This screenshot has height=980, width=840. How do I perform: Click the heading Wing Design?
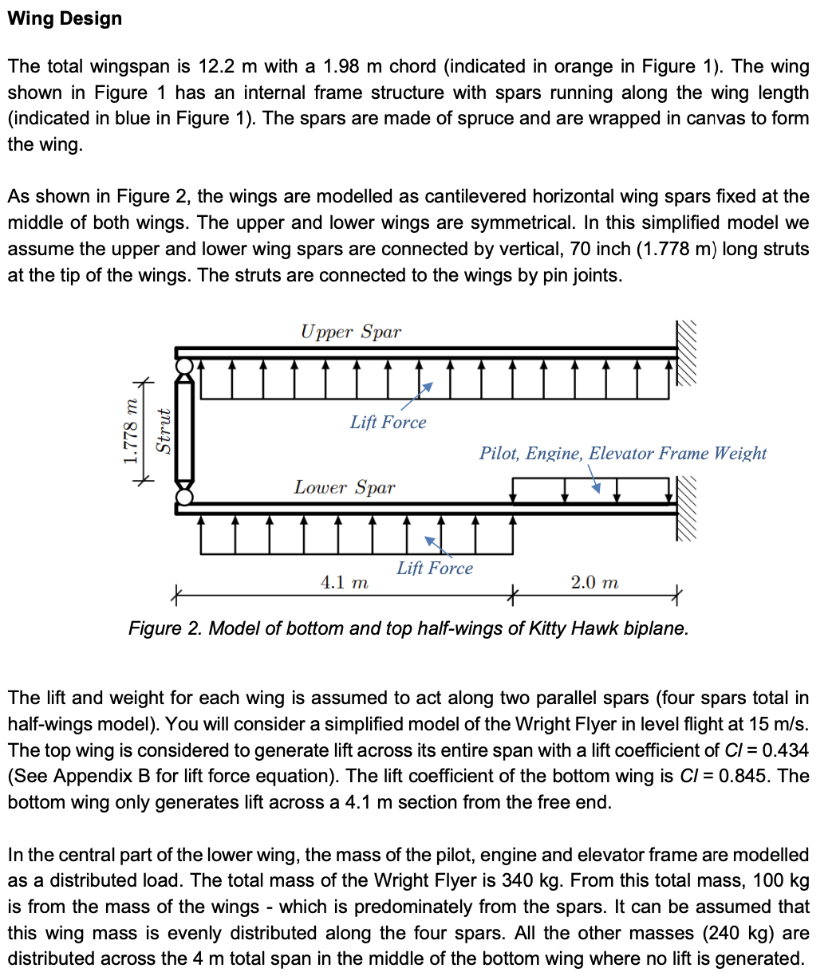65,18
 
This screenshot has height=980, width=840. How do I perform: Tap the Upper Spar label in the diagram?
350,332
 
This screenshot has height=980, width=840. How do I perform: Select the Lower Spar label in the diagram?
344,487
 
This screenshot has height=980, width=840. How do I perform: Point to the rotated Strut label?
164,431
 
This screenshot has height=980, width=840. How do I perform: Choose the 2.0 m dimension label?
594,583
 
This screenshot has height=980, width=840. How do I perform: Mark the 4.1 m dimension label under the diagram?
344,583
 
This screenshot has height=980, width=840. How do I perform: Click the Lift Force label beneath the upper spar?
388,423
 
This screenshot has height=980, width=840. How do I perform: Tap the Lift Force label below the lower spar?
434,569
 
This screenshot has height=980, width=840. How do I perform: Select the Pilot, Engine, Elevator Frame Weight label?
622,454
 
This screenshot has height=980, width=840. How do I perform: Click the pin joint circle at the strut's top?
184,366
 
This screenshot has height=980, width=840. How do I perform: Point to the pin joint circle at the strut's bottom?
184,497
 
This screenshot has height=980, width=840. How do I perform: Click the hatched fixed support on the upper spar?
687,352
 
